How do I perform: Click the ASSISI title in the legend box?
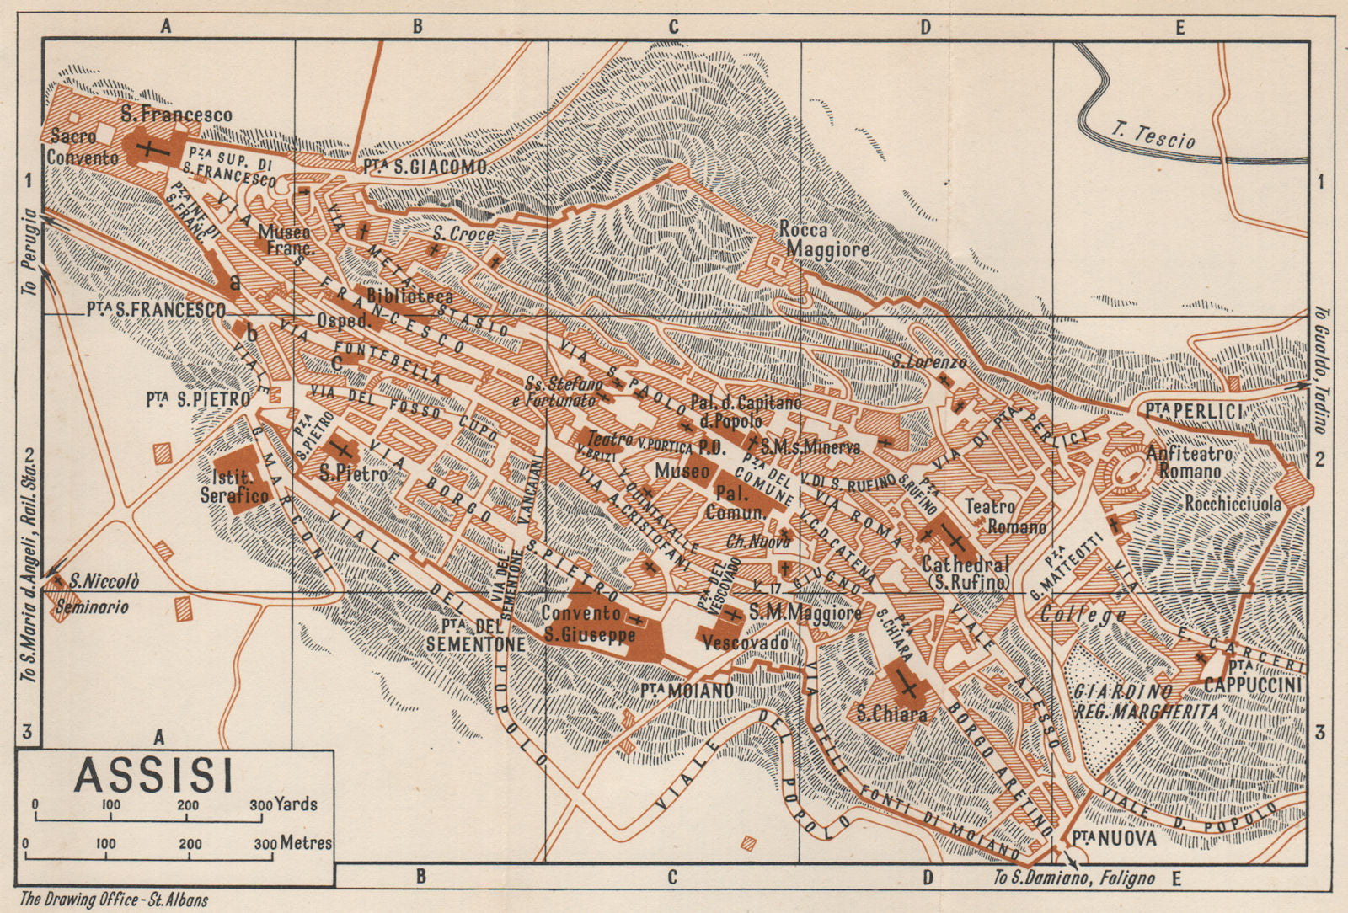[153, 776]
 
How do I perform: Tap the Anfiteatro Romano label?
[1189, 462]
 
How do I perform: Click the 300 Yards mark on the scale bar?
[284, 804]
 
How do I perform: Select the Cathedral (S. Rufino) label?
[966, 573]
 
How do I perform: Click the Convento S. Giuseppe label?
[587, 624]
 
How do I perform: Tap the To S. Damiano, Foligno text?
[1075, 878]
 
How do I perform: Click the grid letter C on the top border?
[673, 27]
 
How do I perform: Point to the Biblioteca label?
[409, 296]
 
